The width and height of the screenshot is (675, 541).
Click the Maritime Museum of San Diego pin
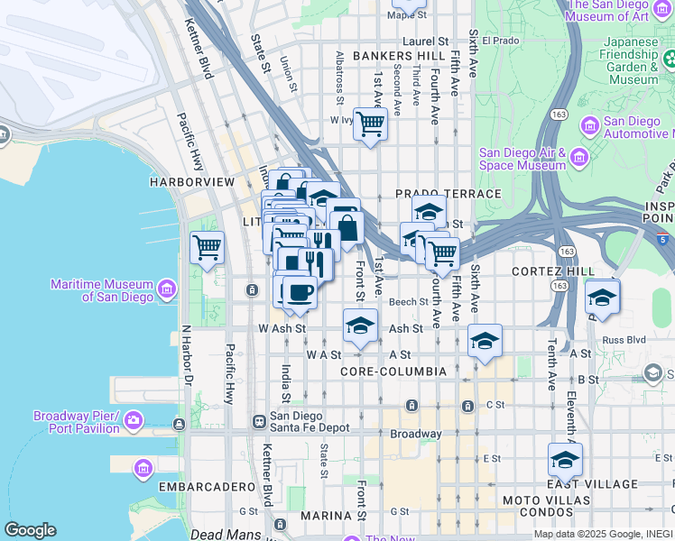[x=167, y=289]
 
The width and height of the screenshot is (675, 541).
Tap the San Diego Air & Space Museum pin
[x=578, y=159]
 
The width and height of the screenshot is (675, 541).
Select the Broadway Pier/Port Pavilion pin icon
[x=134, y=420]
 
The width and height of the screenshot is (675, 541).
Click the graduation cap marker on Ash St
[x=360, y=325]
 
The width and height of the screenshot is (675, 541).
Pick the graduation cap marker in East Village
[x=565, y=459]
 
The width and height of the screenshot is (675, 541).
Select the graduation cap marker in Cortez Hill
[x=602, y=297]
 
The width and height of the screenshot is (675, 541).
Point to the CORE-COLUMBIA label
[x=393, y=371]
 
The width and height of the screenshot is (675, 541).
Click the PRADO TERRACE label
[x=448, y=194]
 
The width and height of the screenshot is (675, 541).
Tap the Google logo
[x=30, y=529]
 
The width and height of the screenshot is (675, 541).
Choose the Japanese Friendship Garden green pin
[x=670, y=60]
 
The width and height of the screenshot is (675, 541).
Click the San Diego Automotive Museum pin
[x=590, y=125]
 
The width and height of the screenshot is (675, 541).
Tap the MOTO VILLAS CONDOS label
[x=532, y=507]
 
